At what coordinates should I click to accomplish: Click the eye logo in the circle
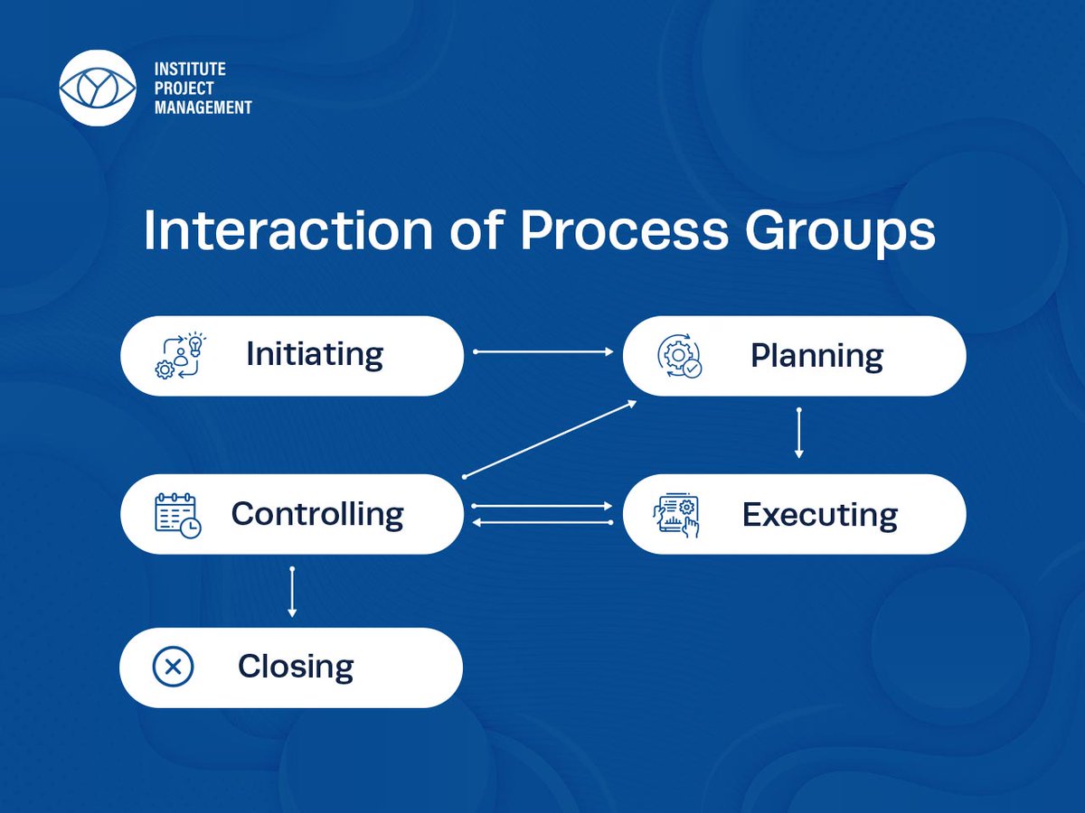(x=97, y=88)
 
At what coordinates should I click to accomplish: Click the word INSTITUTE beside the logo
(x=190, y=69)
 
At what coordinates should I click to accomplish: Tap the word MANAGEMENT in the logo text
(x=203, y=107)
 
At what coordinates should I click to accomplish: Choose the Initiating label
(x=315, y=354)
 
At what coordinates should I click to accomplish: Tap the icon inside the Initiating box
(x=180, y=356)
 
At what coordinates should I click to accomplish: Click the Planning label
(x=816, y=356)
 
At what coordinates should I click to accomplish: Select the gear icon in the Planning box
(x=678, y=356)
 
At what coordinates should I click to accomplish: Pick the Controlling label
(x=317, y=514)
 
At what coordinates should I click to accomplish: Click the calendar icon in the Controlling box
(x=177, y=515)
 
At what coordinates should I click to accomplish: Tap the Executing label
(x=820, y=515)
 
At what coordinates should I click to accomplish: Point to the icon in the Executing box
(x=676, y=516)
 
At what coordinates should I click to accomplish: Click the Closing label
(x=296, y=668)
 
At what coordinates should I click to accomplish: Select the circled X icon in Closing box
(x=173, y=668)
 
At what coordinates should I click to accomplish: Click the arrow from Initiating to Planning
(x=543, y=351)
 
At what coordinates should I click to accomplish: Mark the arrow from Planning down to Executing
(x=798, y=434)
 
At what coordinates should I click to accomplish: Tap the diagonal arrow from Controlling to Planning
(x=550, y=438)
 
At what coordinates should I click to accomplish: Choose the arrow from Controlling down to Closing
(x=291, y=592)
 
